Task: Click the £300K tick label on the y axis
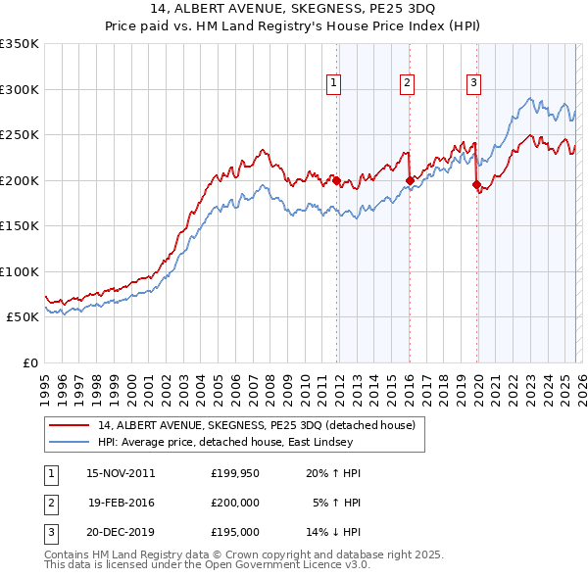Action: (20, 89)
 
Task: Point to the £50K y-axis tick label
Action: (23, 317)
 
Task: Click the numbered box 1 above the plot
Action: (334, 84)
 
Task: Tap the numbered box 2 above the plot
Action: (406, 84)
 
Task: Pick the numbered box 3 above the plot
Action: (473, 84)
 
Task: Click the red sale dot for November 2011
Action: (336, 180)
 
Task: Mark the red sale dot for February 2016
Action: (410, 180)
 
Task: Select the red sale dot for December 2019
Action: (476, 184)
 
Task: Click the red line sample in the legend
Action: (70, 425)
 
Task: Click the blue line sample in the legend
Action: (70, 442)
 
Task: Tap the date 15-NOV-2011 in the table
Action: (121, 473)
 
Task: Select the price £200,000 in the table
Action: (234, 503)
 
